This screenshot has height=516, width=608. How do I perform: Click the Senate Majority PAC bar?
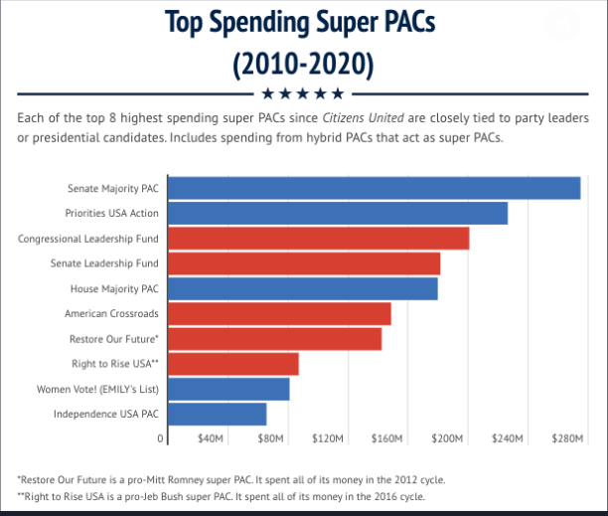click(373, 188)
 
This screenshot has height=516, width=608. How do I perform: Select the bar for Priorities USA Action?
click(337, 213)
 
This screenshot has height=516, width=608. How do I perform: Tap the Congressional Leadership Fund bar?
click(317, 239)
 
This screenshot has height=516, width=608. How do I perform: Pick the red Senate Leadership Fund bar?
click(303, 263)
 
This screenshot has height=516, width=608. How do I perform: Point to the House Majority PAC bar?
click(302, 288)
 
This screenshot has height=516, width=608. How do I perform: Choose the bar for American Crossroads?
click(278, 313)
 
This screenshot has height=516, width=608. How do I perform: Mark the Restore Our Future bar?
click(273, 338)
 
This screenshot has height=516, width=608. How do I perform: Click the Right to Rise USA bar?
click(231, 364)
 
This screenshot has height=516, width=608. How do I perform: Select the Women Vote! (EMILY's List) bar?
click(228, 389)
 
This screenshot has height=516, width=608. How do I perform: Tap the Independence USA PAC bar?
click(216, 414)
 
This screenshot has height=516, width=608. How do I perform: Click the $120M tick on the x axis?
click(328, 437)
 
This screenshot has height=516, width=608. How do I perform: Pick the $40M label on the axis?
click(211, 437)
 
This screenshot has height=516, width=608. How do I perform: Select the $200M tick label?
click(447, 437)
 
